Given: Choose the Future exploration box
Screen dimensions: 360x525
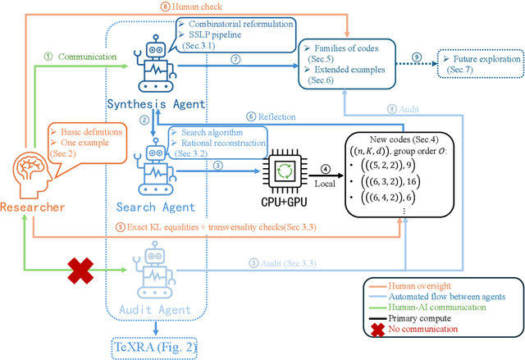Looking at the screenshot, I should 481,64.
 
